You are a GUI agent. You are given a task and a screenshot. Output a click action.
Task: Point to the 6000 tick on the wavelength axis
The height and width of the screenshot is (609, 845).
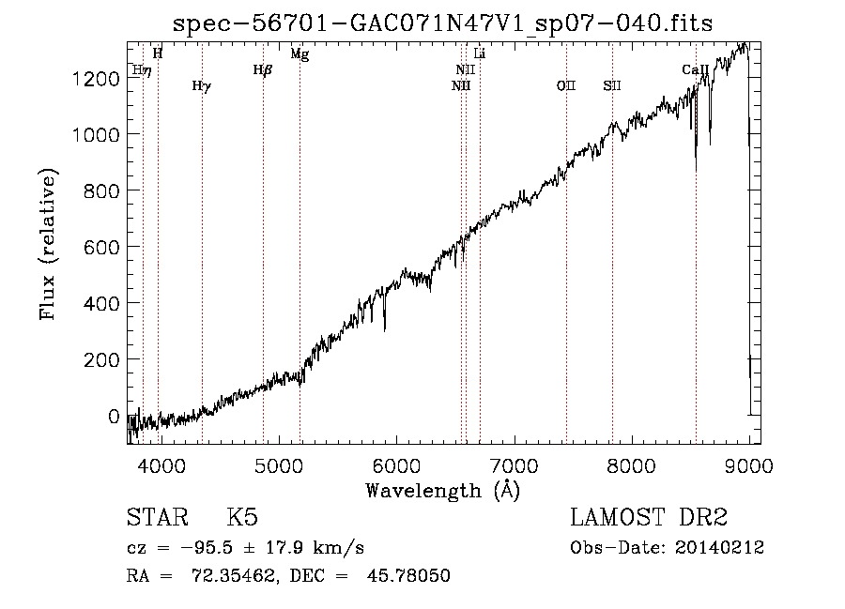pyautogui.click(x=396, y=466)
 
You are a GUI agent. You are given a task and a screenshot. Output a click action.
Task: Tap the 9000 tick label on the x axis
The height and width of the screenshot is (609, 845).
pyautogui.click(x=748, y=466)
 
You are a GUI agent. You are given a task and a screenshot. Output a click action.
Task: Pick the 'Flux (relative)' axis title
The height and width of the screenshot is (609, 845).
pyautogui.click(x=48, y=244)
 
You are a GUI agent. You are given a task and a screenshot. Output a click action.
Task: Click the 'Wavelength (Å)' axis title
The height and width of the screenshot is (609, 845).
pyautogui.click(x=442, y=491)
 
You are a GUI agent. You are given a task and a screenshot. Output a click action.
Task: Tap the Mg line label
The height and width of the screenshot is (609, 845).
pyautogui.click(x=300, y=54)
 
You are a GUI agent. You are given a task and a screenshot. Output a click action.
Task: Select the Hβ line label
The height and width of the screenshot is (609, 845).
pyautogui.click(x=263, y=69)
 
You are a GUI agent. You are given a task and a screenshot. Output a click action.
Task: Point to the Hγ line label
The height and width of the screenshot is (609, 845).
pyautogui.click(x=201, y=86)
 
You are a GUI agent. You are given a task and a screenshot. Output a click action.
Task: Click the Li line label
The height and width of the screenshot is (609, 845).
pyautogui.click(x=479, y=54)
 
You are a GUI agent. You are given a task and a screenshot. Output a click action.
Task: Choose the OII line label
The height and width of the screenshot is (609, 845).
pyautogui.click(x=565, y=86)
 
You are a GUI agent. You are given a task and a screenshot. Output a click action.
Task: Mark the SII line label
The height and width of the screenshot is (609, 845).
pyautogui.click(x=612, y=86)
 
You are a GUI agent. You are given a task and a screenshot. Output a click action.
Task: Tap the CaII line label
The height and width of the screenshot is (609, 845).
pyautogui.click(x=695, y=69)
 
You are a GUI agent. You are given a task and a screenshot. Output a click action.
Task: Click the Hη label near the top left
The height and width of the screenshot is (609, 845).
pyautogui.click(x=142, y=70)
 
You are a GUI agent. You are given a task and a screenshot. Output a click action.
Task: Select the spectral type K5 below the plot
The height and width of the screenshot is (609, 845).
pyautogui.click(x=243, y=518)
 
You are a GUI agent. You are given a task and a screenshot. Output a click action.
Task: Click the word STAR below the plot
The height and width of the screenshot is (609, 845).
pyautogui.click(x=157, y=518)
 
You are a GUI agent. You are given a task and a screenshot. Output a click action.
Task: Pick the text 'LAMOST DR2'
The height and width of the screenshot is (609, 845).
pyautogui.click(x=649, y=518)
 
